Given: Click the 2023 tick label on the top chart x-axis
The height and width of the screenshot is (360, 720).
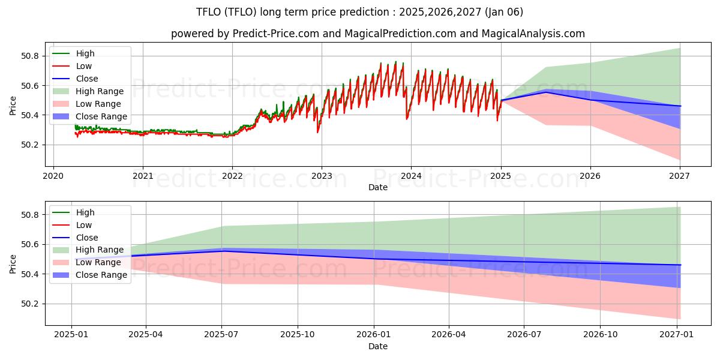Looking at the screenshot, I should pyautogui.click(x=321, y=176).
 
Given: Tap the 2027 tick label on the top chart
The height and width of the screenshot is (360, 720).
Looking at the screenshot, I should pyautogui.click(x=679, y=176).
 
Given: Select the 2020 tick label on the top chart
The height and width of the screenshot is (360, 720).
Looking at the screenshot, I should pyautogui.click(x=53, y=176).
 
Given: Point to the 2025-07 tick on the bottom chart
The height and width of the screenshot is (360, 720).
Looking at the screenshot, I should pyautogui.click(x=222, y=335).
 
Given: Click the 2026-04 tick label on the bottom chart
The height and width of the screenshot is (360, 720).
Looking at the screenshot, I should pyautogui.click(x=449, y=335).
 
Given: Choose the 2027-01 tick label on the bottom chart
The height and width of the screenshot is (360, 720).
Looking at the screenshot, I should pyautogui.click(x=677, y=335).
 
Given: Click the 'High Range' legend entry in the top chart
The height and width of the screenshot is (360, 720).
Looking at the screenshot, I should pyautogui.click(x=100, y=91).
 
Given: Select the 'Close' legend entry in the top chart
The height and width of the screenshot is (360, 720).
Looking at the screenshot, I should pyautogui.click(x=87, y=79).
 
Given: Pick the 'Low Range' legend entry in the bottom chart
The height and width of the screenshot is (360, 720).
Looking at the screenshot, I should pyautogui.click(x=99, y=262).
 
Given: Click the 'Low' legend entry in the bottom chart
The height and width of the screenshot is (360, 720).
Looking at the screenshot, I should pyautogui.click(x=84, y=225).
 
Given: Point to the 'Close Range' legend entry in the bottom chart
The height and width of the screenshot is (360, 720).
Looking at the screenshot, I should pyautogui.click(x=101, y=275).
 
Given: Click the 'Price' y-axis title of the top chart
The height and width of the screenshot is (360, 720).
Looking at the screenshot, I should pyautogui.click(x=13, y=106).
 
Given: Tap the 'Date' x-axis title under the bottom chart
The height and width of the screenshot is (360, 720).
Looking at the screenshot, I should pyautogui.click(x=378, y=346).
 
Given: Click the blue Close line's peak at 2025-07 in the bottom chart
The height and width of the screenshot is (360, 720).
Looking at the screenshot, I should pyautogui.click(x=222, y=251).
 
